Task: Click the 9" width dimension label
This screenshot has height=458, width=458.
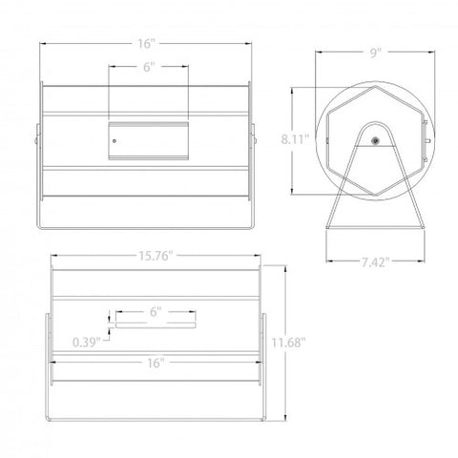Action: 375,52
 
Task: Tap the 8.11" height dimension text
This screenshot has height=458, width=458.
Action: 295,139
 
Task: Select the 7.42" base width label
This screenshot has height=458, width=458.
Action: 375,262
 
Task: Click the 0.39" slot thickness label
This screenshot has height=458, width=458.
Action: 87,343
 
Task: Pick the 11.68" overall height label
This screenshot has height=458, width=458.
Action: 288,343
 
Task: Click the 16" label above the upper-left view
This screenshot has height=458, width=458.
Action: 146,44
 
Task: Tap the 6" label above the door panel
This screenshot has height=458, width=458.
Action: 149,67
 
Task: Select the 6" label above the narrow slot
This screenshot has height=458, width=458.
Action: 156,312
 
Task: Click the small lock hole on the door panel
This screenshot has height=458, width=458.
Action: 114,140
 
